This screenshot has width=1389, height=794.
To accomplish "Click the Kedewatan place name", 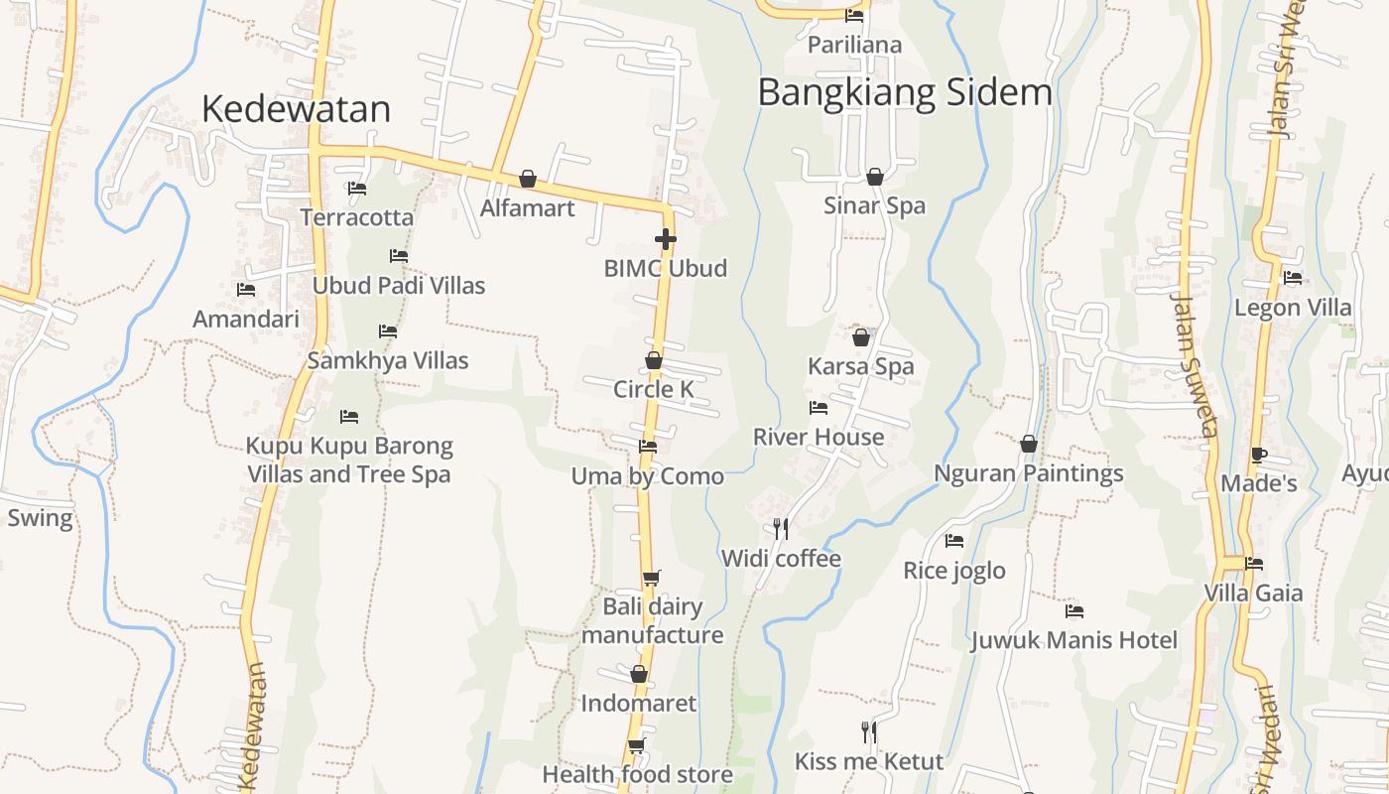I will point(296,109).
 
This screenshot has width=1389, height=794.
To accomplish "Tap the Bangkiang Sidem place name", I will point(904,92).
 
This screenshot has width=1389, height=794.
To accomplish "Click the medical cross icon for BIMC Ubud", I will point(665,239).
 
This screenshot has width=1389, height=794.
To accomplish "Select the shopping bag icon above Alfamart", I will point(528,179).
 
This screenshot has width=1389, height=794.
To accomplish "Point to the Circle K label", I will point(653,389).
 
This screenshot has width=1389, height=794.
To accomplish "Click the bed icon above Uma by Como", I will point(648,447).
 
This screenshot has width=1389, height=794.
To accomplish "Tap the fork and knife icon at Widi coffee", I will point(781,528).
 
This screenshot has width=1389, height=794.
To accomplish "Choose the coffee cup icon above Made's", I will point(1258,456).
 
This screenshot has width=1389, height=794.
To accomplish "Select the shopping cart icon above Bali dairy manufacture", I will point(651,578).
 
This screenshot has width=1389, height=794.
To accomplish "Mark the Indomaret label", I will point(639,704).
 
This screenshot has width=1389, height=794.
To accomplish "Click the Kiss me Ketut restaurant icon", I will point(868,732).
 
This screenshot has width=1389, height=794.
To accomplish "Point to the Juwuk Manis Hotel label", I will point(1073,640).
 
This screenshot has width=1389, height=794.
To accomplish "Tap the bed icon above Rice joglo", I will point(954,541).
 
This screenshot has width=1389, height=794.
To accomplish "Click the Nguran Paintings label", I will point(1029,473).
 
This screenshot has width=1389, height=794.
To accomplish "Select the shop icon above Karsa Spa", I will point(860,337).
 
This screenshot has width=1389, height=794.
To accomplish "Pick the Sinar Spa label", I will point(874,205).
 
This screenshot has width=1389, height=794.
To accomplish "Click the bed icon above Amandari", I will point(246,290).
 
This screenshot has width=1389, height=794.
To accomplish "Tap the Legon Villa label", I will point(1293,308).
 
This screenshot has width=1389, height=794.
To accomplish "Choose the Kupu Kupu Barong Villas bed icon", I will point(349,416).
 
